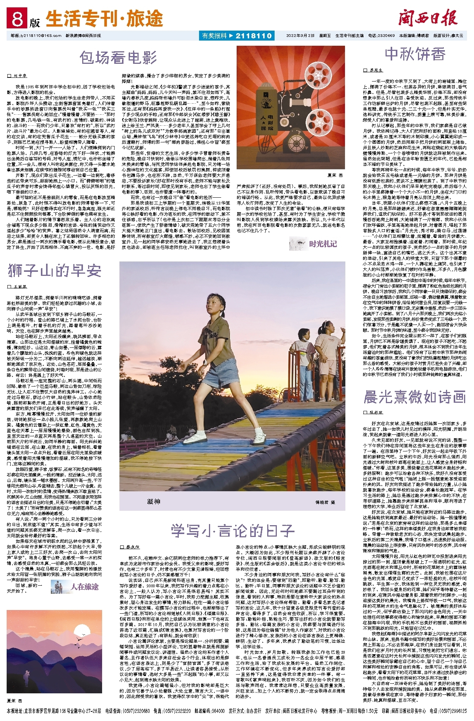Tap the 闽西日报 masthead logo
[x=428, y=18]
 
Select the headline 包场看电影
[x=118, y=58]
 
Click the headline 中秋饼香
[x=415, y=54]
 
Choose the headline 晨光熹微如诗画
[x=415, y=397]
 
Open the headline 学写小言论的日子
[x=233, y=531]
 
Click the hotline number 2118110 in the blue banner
[x=253, y=36]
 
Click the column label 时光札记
[x=323, y=244]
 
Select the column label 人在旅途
[x=85, y=586]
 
